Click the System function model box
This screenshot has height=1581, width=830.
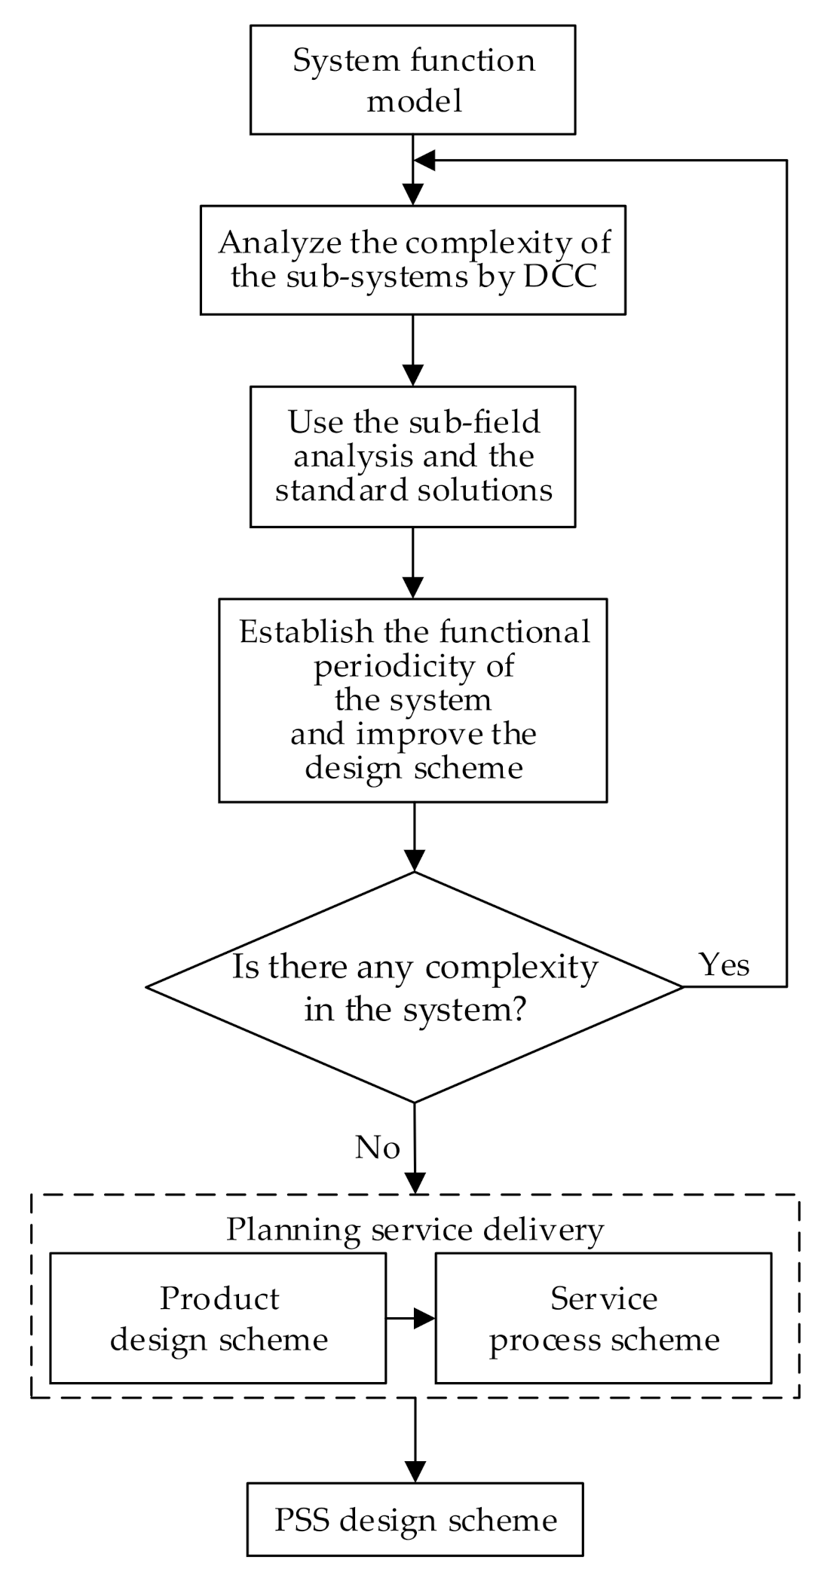[412, 80]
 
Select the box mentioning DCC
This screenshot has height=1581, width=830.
[412, 259]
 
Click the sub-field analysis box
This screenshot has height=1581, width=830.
[412, 456]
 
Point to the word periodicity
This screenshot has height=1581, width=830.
[414, 665]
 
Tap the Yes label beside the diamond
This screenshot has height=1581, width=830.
[724, 965]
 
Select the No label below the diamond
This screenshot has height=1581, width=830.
[377, 1148]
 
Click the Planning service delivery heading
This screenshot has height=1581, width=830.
[415, 1229]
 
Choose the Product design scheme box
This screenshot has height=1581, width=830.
[218, 1318]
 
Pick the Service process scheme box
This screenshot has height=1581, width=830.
[603, 1318]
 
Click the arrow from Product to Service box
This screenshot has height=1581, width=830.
[411, 1318]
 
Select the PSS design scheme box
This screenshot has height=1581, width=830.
[415, 1520]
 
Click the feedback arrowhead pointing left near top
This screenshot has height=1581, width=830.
[424, 160]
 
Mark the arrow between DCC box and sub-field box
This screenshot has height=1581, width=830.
[412, 350]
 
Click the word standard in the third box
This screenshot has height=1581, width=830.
[332, 491]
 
